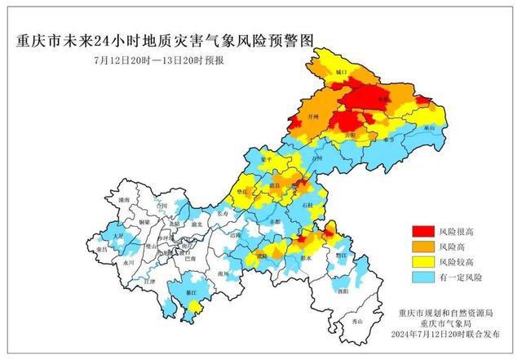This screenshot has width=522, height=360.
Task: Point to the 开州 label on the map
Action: point(310,118)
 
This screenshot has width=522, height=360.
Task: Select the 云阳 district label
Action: point(350,134)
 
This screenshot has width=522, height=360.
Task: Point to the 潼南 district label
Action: point(124,199)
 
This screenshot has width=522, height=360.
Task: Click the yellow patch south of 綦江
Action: point(194,307)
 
